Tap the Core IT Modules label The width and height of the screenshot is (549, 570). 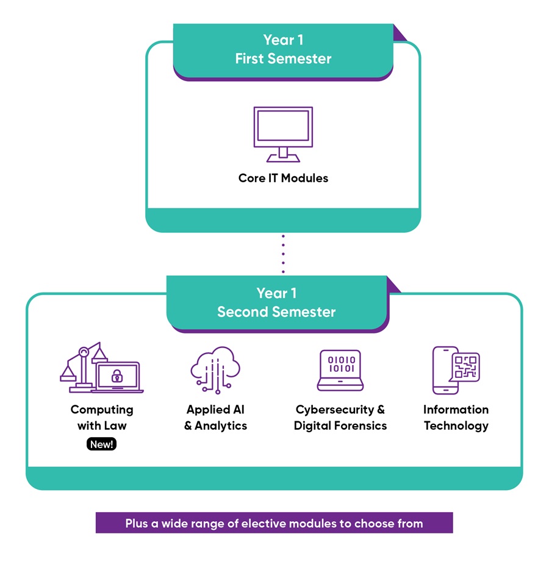coord(283,178)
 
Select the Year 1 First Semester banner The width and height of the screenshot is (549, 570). coord(283,50)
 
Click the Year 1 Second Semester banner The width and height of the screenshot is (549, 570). coord(276,302)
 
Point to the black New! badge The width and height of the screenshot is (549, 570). coord(101,444)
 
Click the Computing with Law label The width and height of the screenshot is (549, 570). coord(102,417)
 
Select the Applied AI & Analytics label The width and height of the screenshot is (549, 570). coord(215,417)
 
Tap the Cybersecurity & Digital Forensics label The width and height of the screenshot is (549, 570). coord(340,417)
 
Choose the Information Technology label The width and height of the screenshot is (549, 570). coord(456,417)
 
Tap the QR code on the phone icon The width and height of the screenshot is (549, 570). coord(465,368)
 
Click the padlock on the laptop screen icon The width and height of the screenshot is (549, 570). coord(117,377)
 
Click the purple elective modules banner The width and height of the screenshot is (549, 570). coord(274,523)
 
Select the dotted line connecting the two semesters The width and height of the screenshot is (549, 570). coord(283,254)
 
